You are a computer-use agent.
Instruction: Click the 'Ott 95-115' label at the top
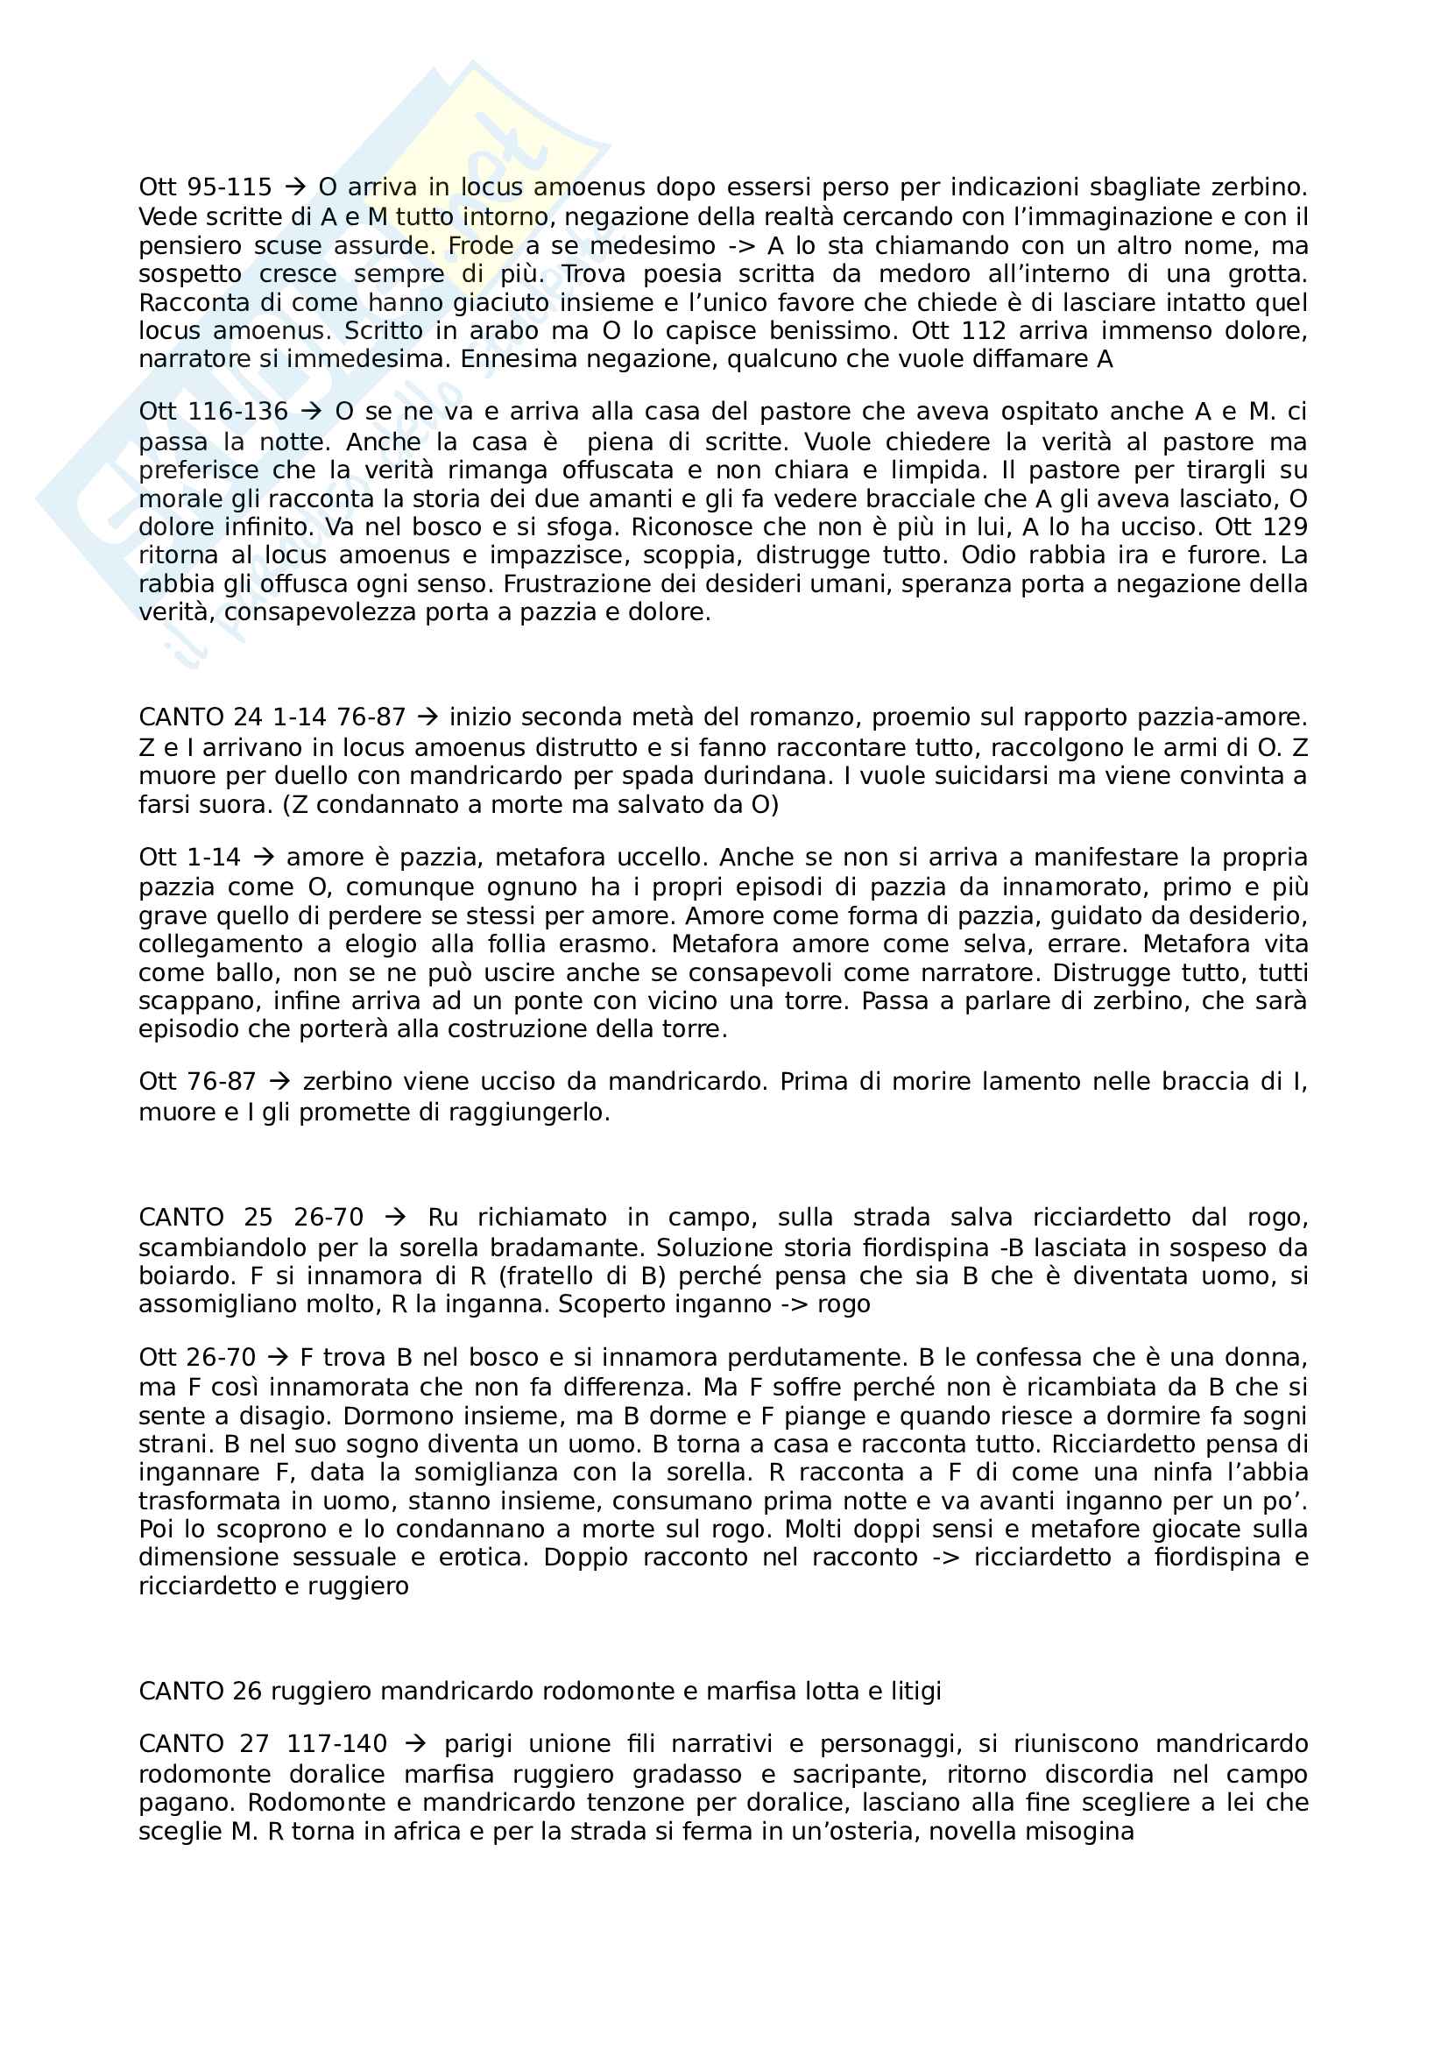pyautogui.click(x=205, y=187)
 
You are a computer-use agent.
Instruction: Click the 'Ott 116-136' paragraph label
pyautogui.click(x=213, y=412)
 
